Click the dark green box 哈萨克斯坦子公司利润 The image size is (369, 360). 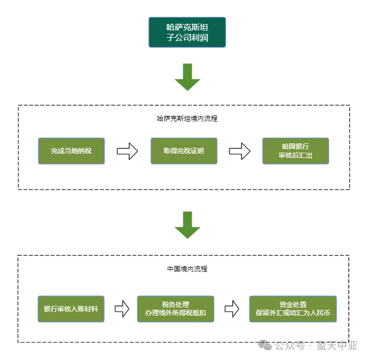point(187,32)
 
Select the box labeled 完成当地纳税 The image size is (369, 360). point(71,150)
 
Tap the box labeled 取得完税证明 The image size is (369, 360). point(183,150)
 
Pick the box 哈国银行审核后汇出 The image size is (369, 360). point(296,150)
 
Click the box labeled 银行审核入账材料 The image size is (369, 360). point(71,309)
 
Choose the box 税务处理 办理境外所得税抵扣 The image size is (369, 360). point(176,309)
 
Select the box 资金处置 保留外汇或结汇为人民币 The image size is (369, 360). point(292,309)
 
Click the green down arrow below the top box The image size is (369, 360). point(187,77)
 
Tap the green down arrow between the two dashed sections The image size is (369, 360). point(187,225)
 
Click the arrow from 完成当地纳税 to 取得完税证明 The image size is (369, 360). point(127,152)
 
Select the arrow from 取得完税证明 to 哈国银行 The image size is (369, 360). point(239,152)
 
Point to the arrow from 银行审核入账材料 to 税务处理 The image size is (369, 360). point(121,309)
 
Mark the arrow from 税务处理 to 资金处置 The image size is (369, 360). point(232,309)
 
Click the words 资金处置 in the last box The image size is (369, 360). point(292,304)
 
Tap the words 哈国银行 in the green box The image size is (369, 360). point(296,146)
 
